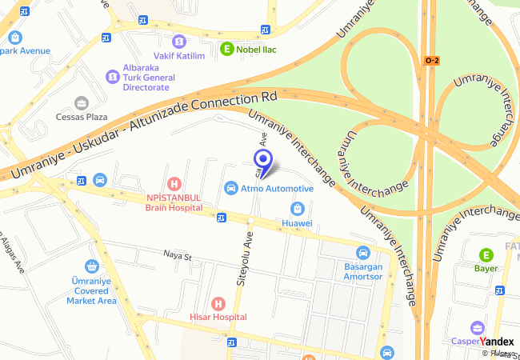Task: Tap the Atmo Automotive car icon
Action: [x=231, y=188]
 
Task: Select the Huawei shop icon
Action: [x=296, y=209]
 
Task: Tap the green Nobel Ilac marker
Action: [x=227, y=48]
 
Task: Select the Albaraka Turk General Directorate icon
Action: [x=112, y=77]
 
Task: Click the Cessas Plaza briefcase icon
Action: [x=81, y=102]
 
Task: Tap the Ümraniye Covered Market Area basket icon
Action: [x=91, y=266]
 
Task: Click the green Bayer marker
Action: [x=485, y=255]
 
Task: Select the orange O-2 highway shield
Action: [x=432, y=60]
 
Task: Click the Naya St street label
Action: [x=178, y=256]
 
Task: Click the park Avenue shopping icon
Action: [x=15, y=37]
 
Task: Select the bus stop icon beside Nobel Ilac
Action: [x=266, y=29]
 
